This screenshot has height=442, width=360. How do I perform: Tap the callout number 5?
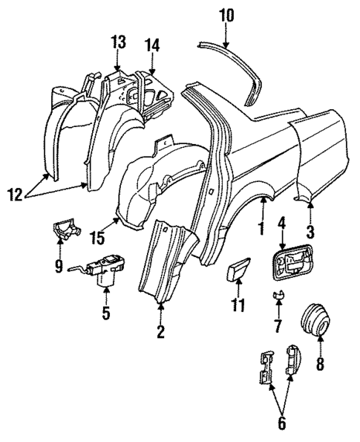click(105, 312)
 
